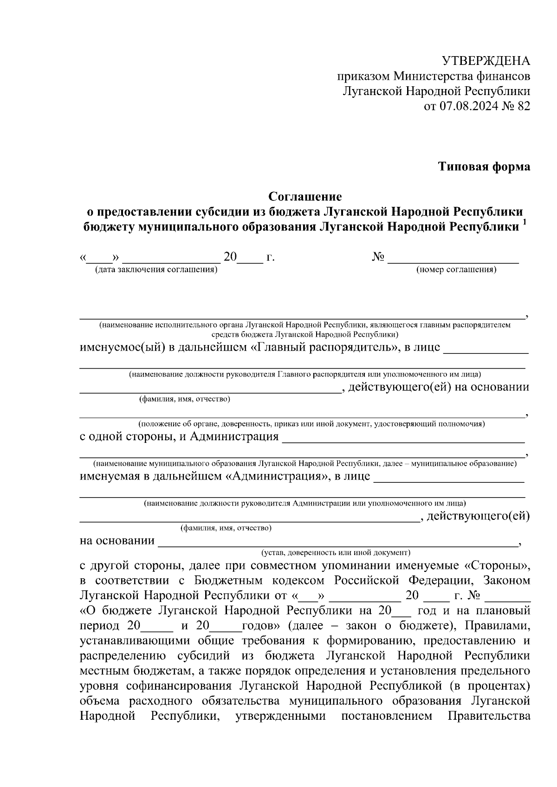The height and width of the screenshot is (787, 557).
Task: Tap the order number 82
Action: (523, 106)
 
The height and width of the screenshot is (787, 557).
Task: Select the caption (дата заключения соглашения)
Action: (156, 269)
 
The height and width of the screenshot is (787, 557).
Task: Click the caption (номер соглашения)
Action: (456, 269)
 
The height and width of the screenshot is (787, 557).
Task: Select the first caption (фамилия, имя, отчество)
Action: (185, 399)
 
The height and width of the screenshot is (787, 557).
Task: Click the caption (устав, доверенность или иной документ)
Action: (336, 552)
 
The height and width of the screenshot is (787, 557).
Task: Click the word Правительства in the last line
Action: (489, 729)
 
